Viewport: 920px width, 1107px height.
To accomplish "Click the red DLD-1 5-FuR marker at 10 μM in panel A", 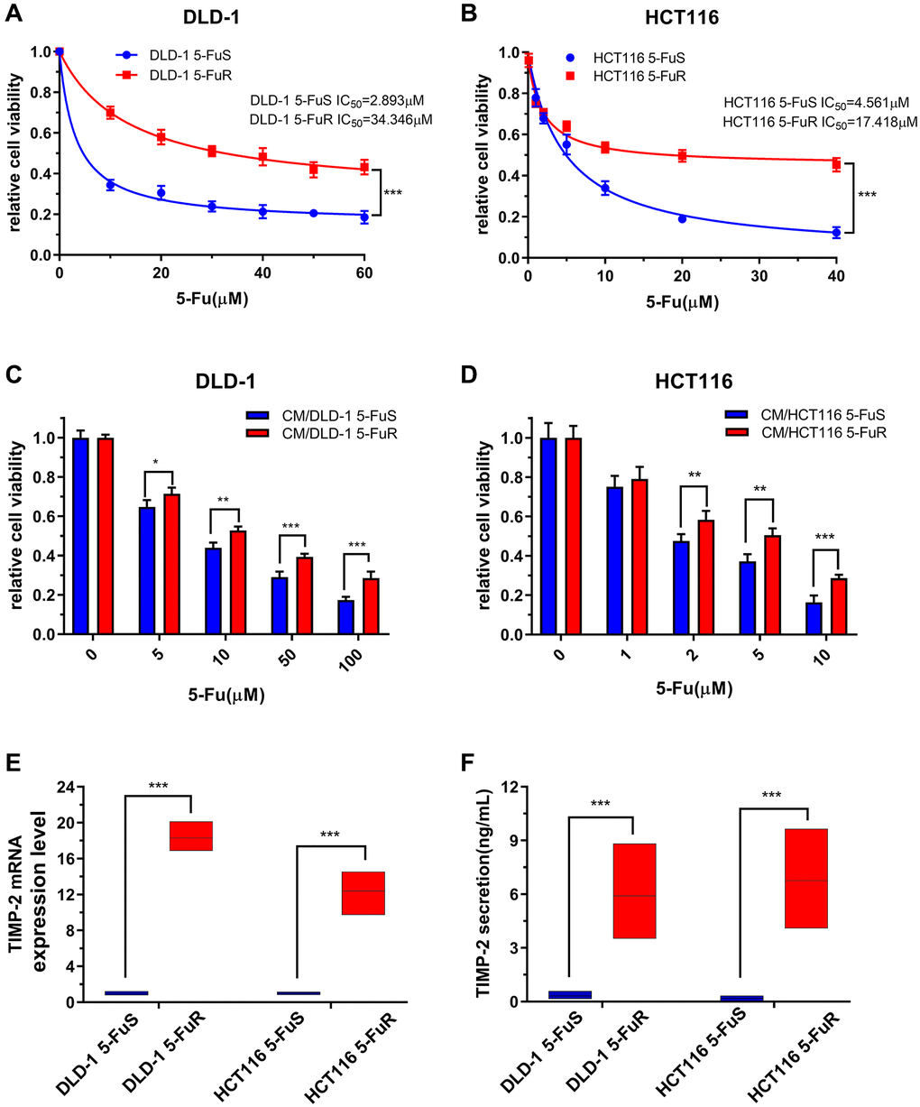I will [x=110, y=113].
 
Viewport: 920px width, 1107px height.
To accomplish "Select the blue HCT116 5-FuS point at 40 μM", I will [x=836, y=233].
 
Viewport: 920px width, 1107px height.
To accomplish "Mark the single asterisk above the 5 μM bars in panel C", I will [x=155, y=463].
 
